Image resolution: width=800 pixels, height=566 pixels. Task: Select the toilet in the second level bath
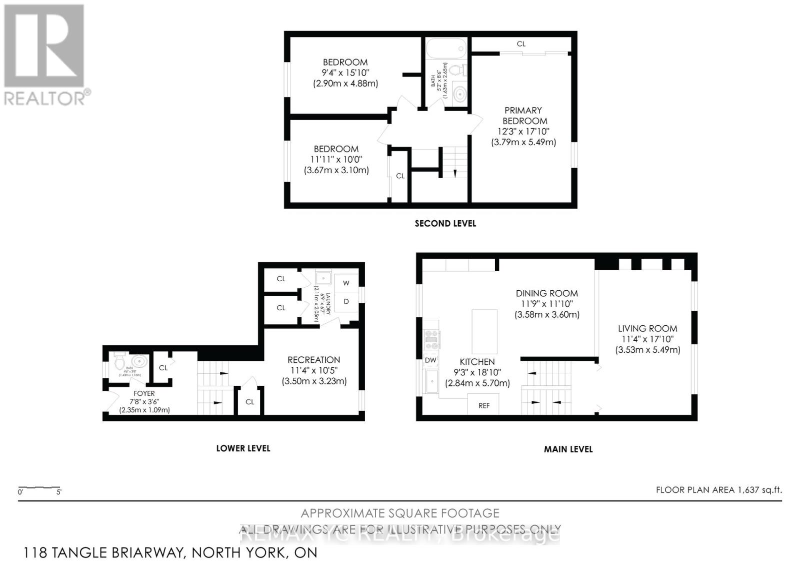point(457,70)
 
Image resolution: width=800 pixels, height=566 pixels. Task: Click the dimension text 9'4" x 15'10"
point(345,73)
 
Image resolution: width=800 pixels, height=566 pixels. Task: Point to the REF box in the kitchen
point(483,405)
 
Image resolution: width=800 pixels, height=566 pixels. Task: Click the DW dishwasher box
point(430,360)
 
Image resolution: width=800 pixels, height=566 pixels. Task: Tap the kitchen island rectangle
point(484,331)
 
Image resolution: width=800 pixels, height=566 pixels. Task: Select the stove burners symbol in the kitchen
point(431,339)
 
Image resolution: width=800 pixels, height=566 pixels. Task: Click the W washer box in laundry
point(346,283)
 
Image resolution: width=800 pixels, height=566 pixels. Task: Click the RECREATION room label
point(313,360)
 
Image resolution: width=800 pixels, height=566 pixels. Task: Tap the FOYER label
point(144,393)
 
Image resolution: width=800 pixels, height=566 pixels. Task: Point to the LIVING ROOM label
point(647,328)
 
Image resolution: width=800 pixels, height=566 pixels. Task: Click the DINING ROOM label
point(546,293)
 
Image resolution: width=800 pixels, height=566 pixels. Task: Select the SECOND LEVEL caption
point(445,224)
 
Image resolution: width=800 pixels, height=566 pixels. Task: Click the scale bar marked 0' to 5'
point(39,488)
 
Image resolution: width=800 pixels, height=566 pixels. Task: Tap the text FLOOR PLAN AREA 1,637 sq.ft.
point(718,490)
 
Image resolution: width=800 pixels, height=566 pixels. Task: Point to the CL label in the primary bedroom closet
point(521,44)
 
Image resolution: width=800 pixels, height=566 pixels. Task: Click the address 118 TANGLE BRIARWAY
point(170,552)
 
